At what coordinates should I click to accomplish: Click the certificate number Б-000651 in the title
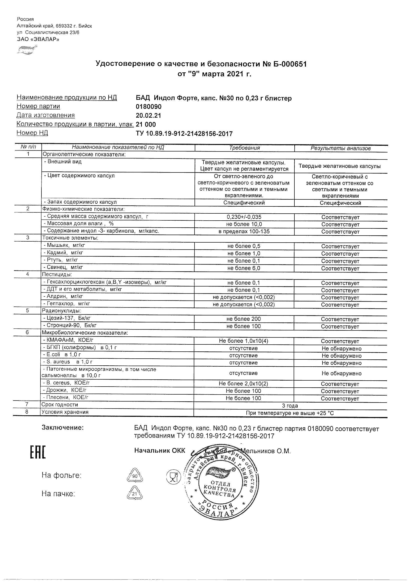(290, 64)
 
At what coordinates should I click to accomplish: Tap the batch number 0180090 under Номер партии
(149, 107)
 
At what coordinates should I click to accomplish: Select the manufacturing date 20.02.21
(148, 116)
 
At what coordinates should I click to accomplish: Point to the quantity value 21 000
(146, 124)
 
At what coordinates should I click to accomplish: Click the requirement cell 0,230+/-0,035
(244, 217)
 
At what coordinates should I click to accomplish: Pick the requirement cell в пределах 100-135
(244, 231)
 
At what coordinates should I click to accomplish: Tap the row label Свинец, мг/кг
(64, 267)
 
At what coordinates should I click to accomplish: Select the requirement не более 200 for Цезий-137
(243, 319)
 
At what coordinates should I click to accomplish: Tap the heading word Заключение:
(62, 428)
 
